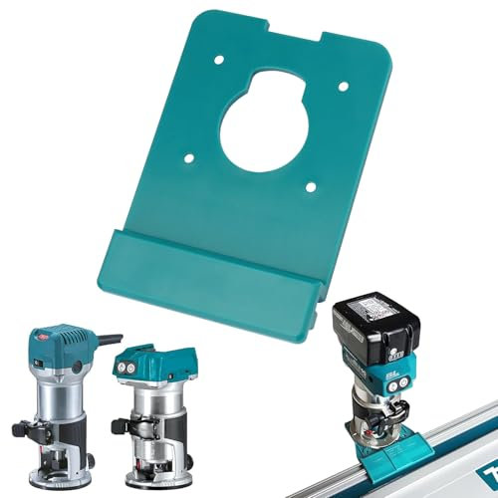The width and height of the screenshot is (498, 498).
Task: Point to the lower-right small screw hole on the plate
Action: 312,184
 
